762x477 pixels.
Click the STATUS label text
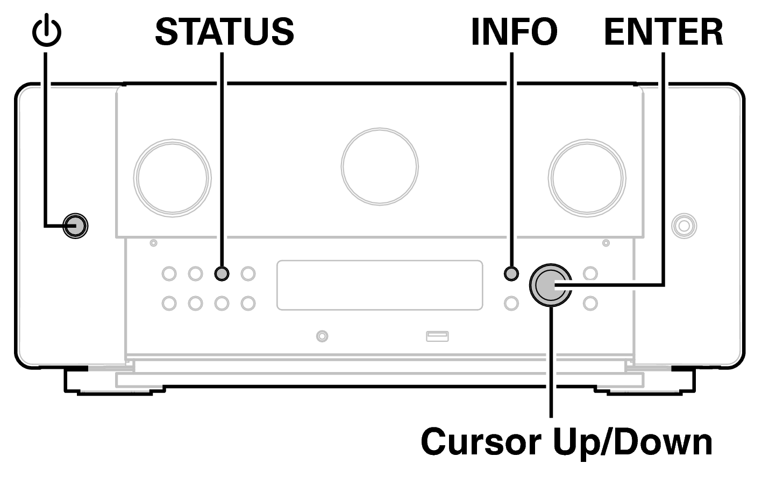click(224, 31)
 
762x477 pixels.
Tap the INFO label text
click(514, 31)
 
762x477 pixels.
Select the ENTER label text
click(664, 31)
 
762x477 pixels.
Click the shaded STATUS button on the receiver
click(222, 273)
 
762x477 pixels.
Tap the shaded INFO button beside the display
click(511, 273)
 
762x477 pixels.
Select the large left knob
click(172, 176)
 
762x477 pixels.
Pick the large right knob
click(587, 176)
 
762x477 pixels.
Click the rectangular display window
click(380, 285)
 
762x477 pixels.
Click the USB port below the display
click(437, 336)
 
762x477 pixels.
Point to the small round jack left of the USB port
click(322, 336)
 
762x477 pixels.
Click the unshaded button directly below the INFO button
click(511, 303)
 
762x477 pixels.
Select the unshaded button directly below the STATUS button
click(222, 303)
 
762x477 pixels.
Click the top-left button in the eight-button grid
click(169, 273)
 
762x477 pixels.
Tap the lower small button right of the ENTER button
click(590, 303)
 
